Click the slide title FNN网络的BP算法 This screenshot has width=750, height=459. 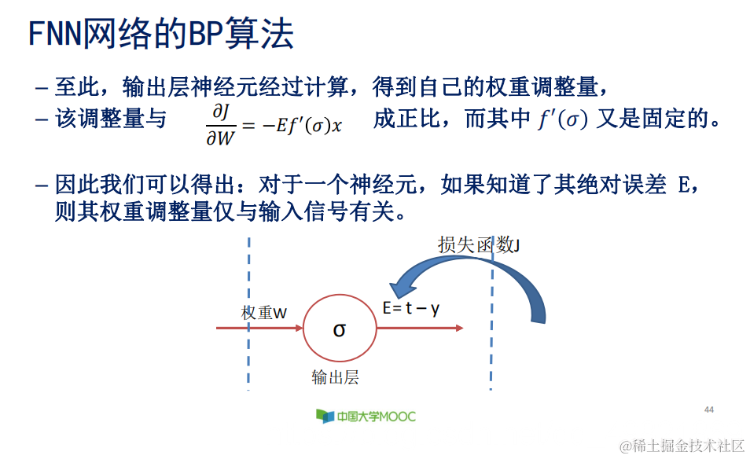pos(161,35)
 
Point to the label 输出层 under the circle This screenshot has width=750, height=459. pos(335,378)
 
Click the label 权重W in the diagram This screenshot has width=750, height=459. pos(264,313)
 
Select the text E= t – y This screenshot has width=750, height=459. pos(410,308)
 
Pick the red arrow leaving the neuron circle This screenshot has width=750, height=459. pos(421,329)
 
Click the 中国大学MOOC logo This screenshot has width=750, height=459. pos(366,416)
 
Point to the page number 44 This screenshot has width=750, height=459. pos(709,409)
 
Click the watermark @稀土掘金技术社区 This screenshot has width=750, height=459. pos(681,446)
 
